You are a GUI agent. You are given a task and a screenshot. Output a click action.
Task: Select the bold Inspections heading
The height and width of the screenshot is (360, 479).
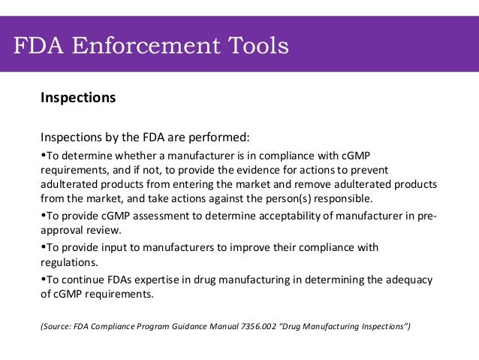click(78, 98)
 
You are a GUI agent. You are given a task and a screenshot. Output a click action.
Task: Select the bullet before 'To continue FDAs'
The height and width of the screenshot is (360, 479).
click(42, 280)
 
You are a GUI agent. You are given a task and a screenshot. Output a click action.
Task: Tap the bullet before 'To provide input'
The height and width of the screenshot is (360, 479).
click(42, 247)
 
